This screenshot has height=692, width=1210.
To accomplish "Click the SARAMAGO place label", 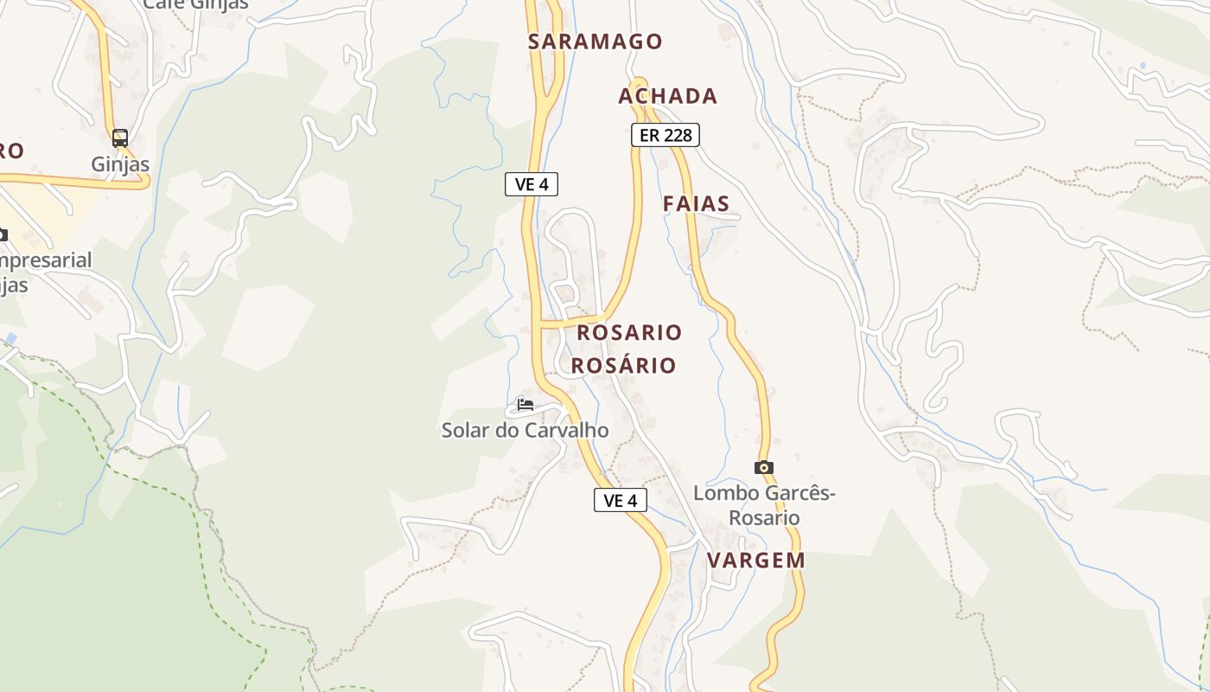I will pyautogui.click(x=595, y=42).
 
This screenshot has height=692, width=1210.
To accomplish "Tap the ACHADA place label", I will pyautogui.click(x=667, y=96).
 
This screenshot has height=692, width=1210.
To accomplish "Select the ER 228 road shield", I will pyautogui.click(x=665, y=135).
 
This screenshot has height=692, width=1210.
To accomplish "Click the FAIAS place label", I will pyautogui.click(x=696, y=204).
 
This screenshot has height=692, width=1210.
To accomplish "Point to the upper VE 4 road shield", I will pyautogui.click(x=532, y=184).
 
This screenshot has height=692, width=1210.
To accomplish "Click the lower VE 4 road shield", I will pyautogui.click(x=621, y=500).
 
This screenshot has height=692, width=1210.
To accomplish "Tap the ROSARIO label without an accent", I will pyautogui.click(x=629, y=332).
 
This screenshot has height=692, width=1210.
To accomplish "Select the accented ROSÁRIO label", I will pyautogui.click(x=623, y=365).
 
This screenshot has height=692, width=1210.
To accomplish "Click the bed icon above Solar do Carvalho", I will pyautogui.click(x=525, y=405).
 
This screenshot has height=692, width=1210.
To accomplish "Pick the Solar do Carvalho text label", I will pyautogui.click(x=525, y=430).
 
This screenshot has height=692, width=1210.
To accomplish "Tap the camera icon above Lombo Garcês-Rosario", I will pyautogui.click(x=763, y=468).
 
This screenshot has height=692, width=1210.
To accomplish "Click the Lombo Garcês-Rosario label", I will pyautogui.click(x=764, y=505).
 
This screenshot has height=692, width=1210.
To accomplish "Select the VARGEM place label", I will pyautogui.click(x=756, y=560).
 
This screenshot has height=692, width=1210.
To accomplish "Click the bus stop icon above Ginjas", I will pyautogui.click(x=120, y=138).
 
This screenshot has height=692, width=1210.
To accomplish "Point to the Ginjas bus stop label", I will pyautogui.click(x=120, y=164).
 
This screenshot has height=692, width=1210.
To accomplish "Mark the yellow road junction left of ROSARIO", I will pyautogui.click(x=540, y=324).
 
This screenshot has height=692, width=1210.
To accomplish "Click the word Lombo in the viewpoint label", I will pyautogui.click(x=722, y=494).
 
